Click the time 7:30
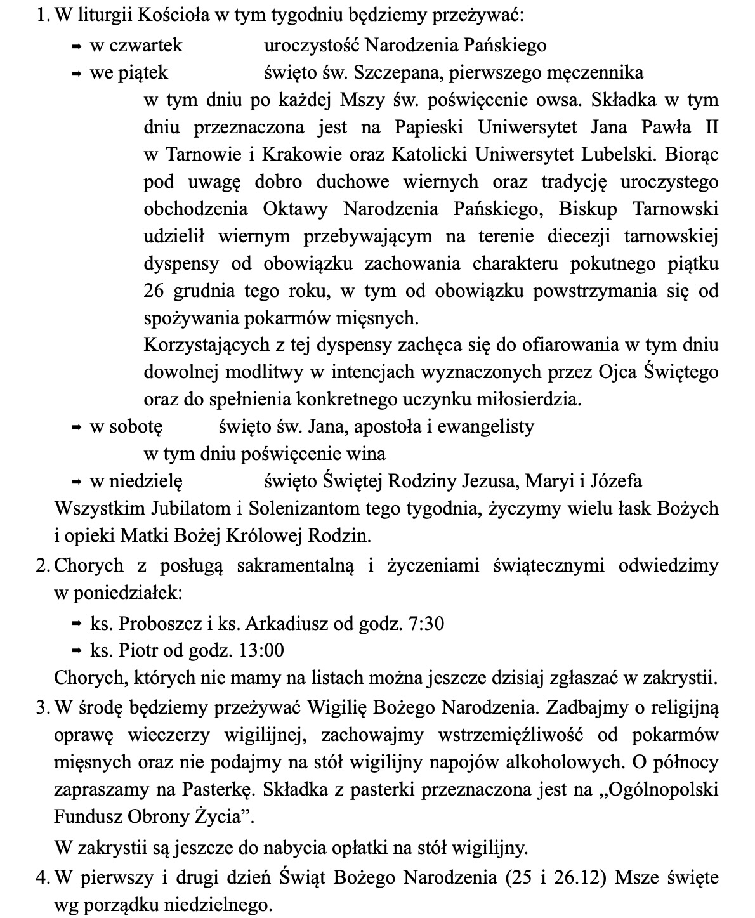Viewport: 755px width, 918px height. [x=427, y=624]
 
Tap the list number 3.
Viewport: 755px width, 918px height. [x=42, y=706]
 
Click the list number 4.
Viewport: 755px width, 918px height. [x=42, y=877]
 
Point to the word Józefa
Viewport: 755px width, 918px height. [x=616, y=481]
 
